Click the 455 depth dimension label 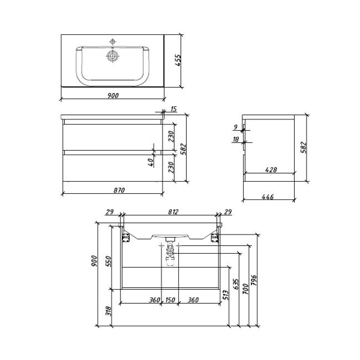pos(178,62)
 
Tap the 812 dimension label pos(170,212)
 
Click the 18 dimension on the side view pos(236,140)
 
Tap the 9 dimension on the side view pos(236,127)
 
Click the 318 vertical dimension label pos(108,311)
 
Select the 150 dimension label pos(170,300)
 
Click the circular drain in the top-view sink pos(112,56)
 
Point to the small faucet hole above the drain pos(112,41)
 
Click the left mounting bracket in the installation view pos(127,238)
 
